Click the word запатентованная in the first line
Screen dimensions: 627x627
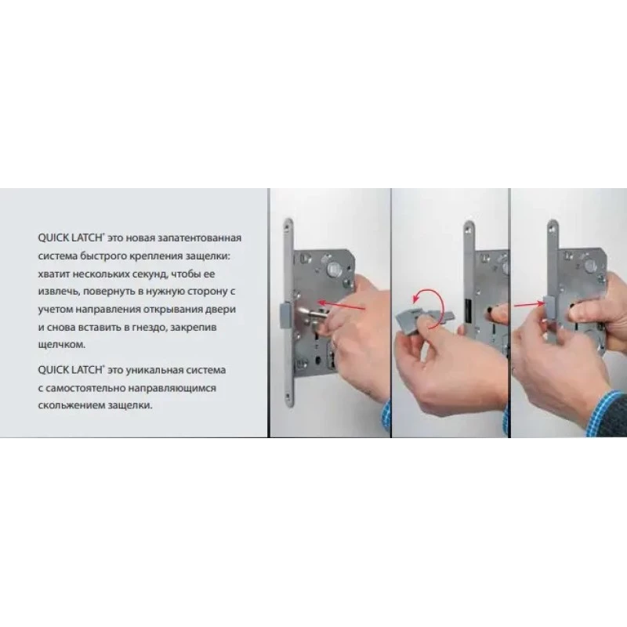(x=200, y=238)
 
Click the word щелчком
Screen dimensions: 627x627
(x=62, y=345)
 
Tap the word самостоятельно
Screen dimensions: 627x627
(x=86, y=388)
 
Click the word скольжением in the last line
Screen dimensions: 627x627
(x=71, y=406)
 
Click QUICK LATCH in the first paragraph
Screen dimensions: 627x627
(x=71, y=238)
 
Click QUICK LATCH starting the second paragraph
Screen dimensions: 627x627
(x=71, y=370)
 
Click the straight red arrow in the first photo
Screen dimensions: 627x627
(x=341, y=306)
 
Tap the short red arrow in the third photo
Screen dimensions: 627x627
(x=530, y=305)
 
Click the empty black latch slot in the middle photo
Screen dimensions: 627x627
(x=467, y=311)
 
